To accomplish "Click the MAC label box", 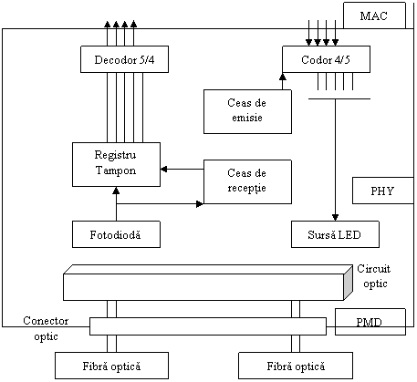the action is point(374,15).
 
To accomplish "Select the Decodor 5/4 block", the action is point(124,59).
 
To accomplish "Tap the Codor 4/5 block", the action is point(326,59).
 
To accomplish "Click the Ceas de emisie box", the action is point(247,111).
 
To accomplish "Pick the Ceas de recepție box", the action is point(247,181).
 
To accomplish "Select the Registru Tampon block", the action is point(116,164).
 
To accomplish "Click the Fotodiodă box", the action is point(116,234).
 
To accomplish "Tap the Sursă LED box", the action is point(335,234).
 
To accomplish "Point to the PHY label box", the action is point(383,191).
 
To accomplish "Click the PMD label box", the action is point(370,322).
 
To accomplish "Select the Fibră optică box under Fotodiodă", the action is point(111,366).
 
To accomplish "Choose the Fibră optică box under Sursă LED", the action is point(296,366).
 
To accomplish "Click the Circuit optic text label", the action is point(374,276).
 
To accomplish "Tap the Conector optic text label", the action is point(46,328).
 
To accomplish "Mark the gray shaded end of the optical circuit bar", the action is point(349,283).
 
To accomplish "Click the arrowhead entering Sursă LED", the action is point(335,218).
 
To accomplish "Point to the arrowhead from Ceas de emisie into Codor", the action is point(283,77).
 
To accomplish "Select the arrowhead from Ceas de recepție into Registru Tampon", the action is point(164,169).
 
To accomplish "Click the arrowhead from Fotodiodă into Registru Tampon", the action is point(116,191).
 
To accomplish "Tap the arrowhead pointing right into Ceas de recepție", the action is point(200,204).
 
